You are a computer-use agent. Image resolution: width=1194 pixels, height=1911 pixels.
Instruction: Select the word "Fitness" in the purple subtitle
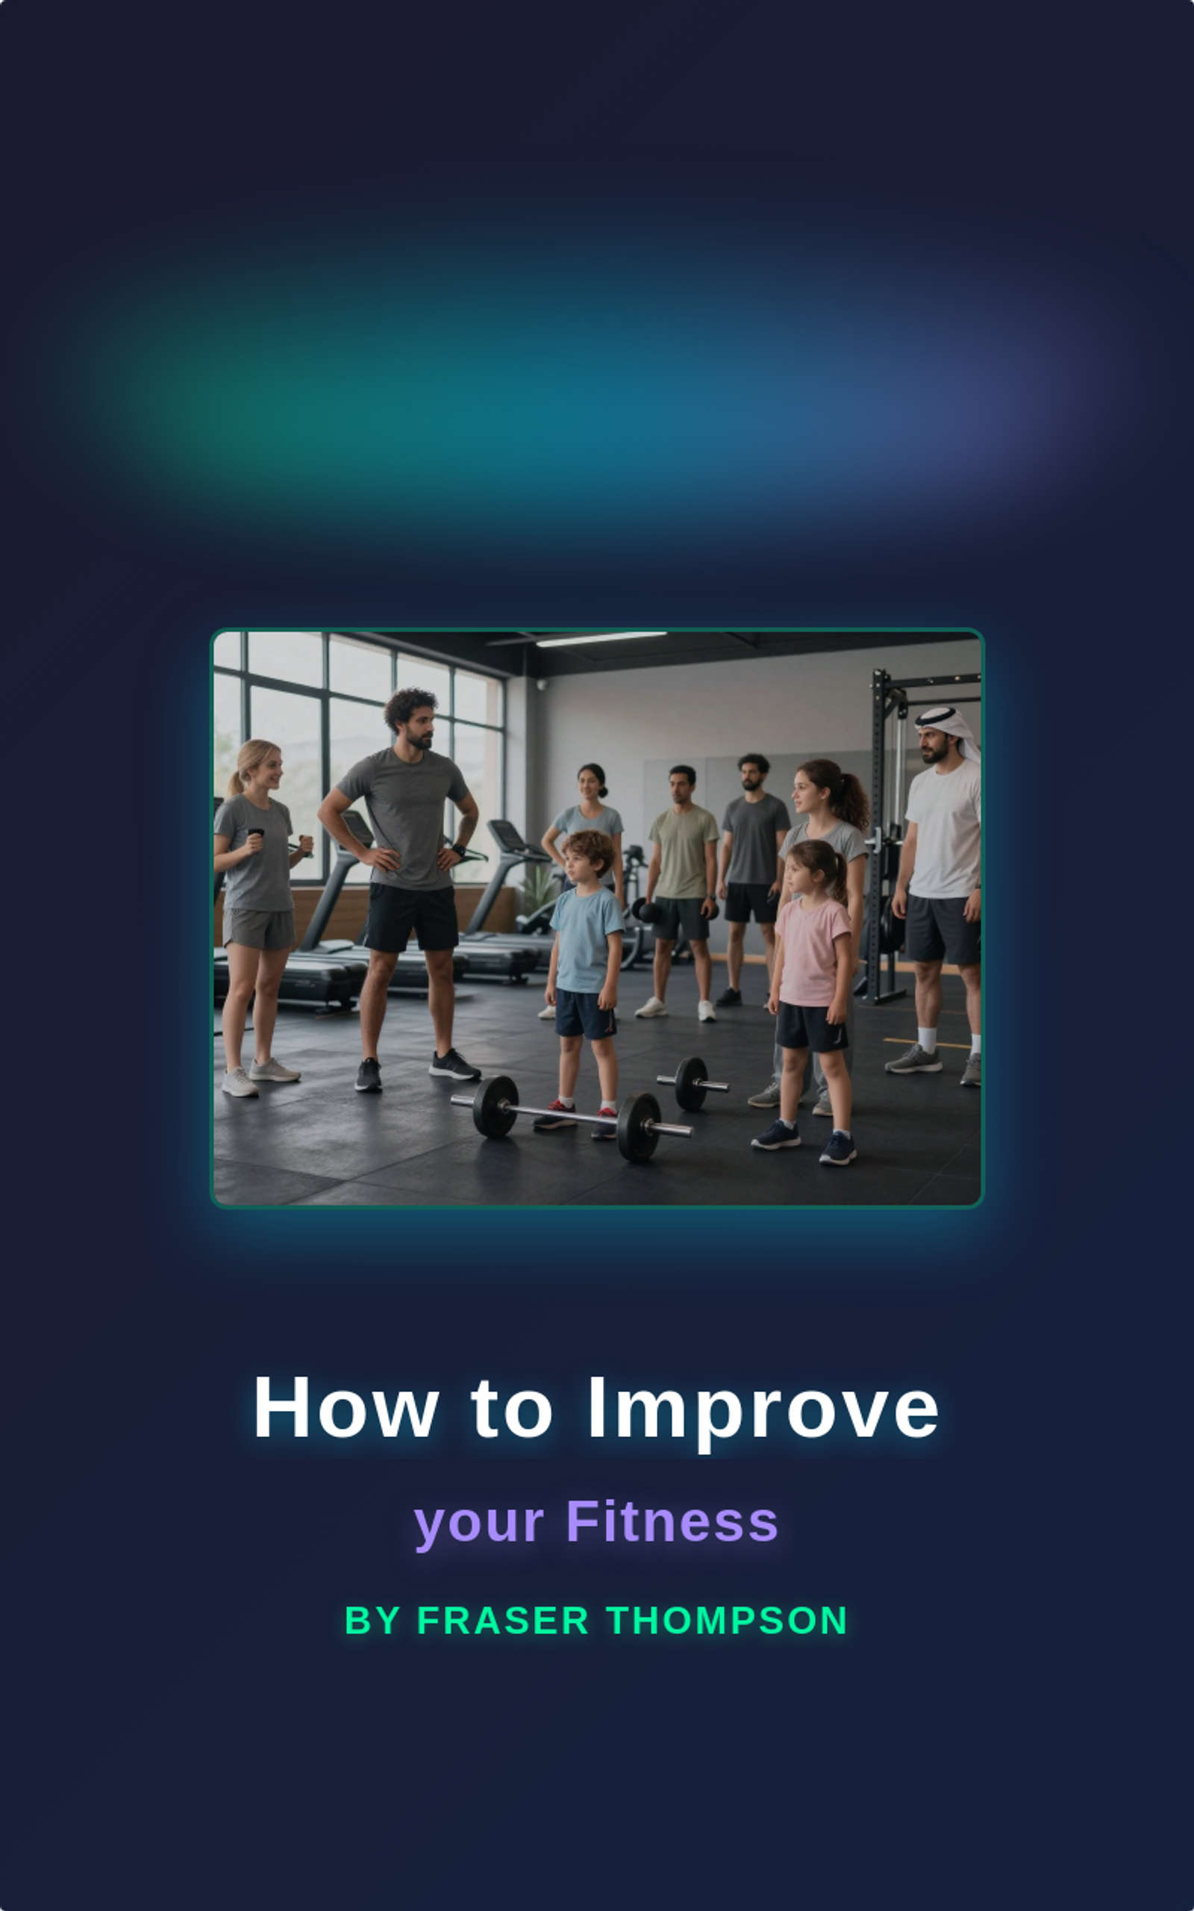coord(672,1521)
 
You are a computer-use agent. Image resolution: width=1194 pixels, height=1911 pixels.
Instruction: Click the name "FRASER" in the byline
coord(502,1621)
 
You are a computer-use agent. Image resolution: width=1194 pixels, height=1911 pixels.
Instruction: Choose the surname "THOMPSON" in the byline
coord(728,1621)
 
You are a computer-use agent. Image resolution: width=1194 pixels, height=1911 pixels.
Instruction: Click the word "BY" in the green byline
coord(372,1621)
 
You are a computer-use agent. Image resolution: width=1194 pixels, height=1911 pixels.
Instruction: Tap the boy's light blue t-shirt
coord(585,939)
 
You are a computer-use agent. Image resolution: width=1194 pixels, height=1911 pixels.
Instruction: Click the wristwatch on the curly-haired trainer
coord(459,850)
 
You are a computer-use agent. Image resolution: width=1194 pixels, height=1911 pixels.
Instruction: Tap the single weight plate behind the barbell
coord(692,1083)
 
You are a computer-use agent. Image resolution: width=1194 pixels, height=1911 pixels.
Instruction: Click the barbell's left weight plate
coord(495,1106)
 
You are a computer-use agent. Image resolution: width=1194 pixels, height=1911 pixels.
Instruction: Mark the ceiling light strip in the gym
coord(601,639)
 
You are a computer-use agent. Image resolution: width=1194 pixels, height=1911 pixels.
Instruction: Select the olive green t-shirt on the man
coord(683,851)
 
